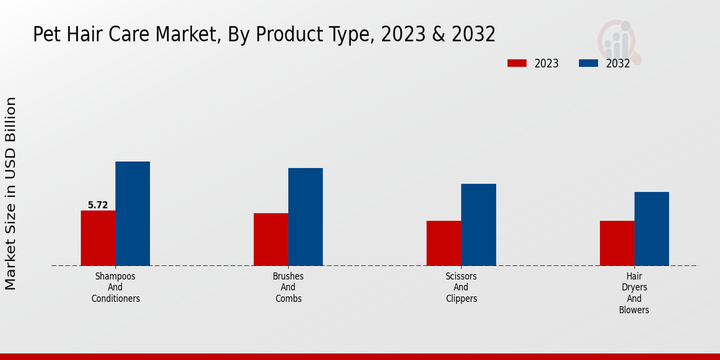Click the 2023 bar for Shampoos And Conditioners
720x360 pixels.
click(98, 238)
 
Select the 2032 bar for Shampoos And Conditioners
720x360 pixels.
click(133, 213)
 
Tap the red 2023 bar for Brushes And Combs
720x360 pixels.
click(271, 239)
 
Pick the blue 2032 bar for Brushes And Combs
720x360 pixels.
click(305, 217)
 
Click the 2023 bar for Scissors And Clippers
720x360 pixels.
click(444, 243)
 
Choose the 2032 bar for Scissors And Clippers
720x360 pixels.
click(479, 224)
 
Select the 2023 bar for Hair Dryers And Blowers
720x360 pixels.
click(617, 243)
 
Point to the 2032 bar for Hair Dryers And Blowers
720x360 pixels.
click(652, 229)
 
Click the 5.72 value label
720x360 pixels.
click(98, 205)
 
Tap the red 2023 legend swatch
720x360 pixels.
click(517, 63)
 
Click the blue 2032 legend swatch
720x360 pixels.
click(588, 63)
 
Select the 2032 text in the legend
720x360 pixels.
click(617, 64)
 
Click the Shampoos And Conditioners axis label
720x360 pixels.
click(115, 287)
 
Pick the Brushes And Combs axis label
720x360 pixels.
click(288, 287)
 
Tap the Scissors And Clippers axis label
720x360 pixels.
click(461, 287)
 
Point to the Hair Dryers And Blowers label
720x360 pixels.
click(634, 293)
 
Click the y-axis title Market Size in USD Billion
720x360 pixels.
click(11, 193)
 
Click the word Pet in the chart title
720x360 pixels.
click(45, 34)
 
